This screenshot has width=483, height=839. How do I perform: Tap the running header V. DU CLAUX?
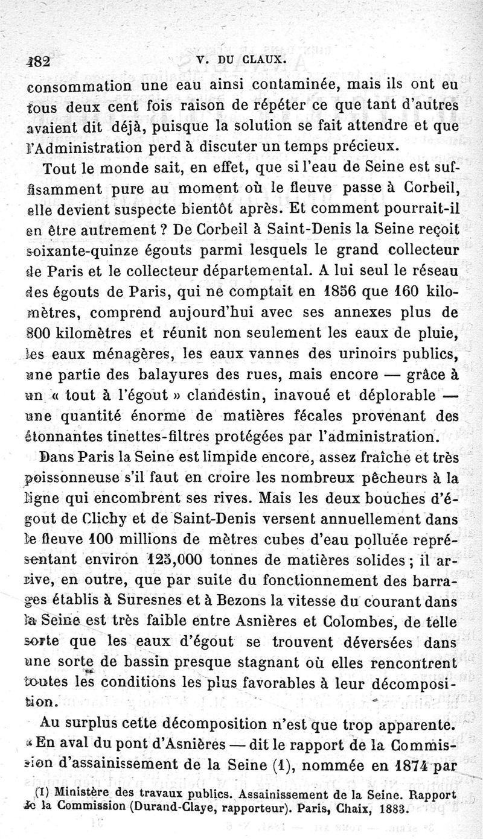pos(240,60)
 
